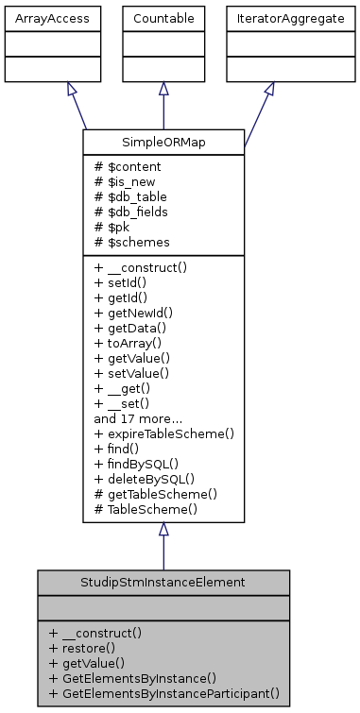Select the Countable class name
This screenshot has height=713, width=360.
coord(163,17)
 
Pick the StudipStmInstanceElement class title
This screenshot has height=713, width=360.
coord(163,583)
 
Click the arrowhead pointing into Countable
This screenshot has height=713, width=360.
coord(163,89)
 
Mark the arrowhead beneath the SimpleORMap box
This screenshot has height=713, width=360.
coord(163,530)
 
